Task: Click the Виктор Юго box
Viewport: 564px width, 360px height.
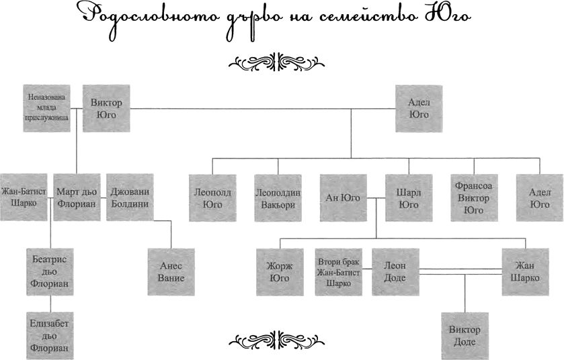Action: [x=106, y=109]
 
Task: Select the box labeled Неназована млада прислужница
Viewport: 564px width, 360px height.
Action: [x=47, y=109]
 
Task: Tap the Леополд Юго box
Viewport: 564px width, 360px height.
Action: [x=212, y=198]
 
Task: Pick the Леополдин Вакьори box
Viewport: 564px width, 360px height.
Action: [x=278, y=198]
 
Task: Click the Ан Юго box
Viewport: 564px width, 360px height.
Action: [x=344, y=198]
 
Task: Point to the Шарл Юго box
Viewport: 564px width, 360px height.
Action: [x=409, y=198]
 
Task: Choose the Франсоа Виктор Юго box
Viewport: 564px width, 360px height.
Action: [x=475, y=198]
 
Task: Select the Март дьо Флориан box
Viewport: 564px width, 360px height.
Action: [x=77, y=197]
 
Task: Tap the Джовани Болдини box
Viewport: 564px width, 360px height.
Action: [x=130, y=197]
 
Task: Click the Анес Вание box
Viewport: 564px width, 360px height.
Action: [x=171, y=272]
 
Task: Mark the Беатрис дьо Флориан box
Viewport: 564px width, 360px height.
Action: [x=50, y=272]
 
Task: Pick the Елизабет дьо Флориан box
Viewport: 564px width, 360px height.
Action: [x=50, y=336]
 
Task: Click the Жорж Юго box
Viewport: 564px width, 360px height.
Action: [x=280, y=272]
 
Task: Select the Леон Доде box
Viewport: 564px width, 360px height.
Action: [x=396, y=272]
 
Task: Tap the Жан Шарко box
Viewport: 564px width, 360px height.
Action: [x=526, y=272]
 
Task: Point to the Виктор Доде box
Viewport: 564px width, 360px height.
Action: [x=465, y=336]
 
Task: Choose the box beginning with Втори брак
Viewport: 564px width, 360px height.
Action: [x=339, y=272]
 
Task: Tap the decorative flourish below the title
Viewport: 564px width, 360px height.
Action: [x=276, y=62]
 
